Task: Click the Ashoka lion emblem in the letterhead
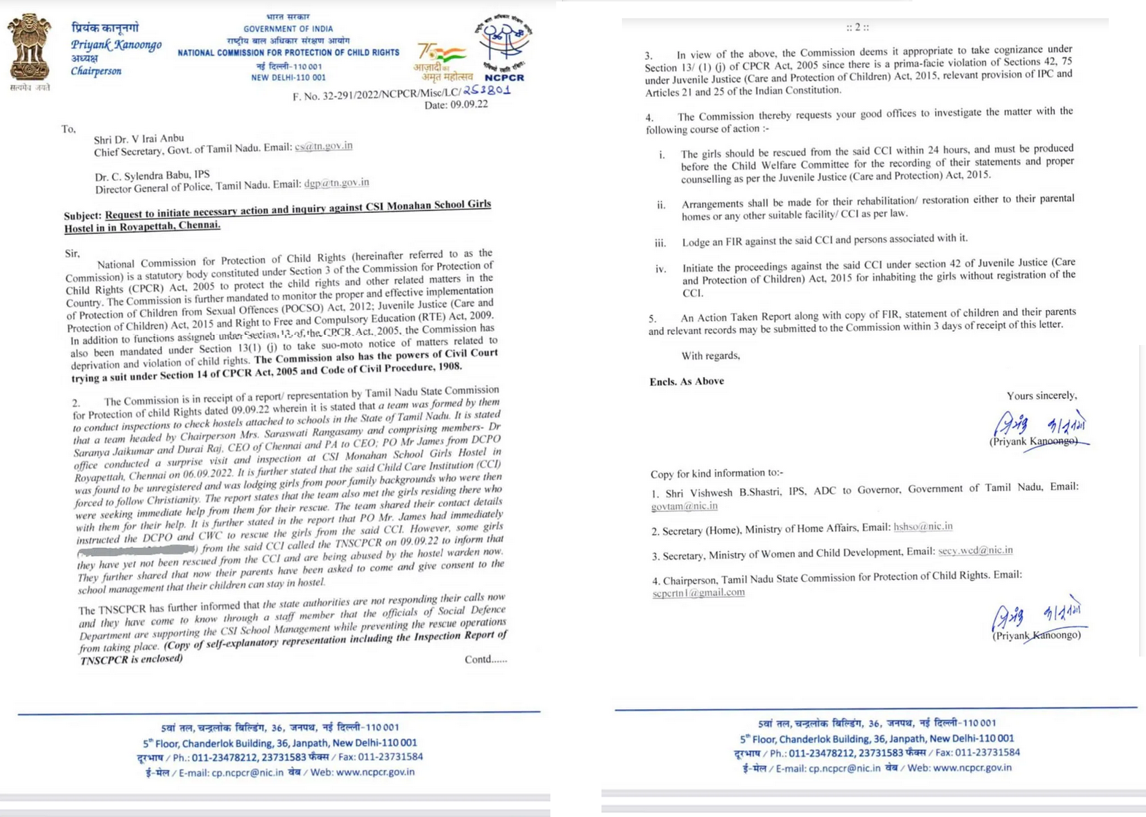[x=30, y=47]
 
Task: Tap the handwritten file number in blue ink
[x=486, y=90]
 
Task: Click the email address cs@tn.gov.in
[x=323, y=146]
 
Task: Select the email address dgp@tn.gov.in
[x=337, y=183]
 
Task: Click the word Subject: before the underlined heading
[x=82, y=216]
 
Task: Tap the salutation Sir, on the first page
[x=72, y=253]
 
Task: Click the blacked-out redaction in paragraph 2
[x=137, y=550]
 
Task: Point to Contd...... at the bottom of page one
[x=485, y=659]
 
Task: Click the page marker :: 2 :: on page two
[x=858, y=28]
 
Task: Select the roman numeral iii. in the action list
[x=660, y=243]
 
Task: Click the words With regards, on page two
[x=710, y=356]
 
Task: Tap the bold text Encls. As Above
[x=686, y=382]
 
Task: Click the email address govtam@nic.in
[x=684, y=506]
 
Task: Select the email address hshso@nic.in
[x=923, y=527]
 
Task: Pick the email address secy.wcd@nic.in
[x=975, y=551]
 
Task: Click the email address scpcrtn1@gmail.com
[x=699, y=592]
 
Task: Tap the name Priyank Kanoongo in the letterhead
[x=116, y=45]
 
